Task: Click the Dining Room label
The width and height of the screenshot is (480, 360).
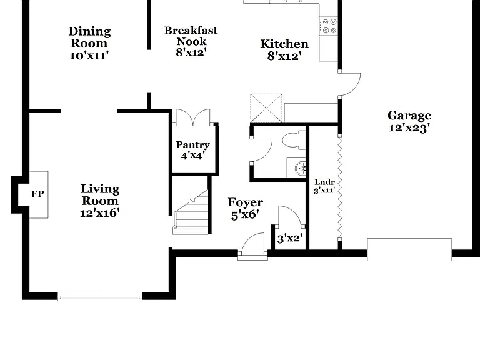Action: coord(89,37)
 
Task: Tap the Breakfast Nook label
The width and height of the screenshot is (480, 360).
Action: coord(191,36)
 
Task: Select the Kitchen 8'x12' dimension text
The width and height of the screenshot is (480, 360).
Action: coord(284,56)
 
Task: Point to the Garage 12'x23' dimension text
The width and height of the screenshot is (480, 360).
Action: coord(409,127)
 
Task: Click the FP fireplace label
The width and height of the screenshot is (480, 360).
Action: coord(37,194)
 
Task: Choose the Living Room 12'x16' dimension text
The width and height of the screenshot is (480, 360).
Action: coord(100,212)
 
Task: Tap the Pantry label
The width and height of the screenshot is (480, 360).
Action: coord(193,144)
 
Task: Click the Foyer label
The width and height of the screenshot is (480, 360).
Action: coord(246,202)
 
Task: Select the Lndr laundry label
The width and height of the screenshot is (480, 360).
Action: coord(324,182)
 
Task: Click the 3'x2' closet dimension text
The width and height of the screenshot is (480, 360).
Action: coord(289,238)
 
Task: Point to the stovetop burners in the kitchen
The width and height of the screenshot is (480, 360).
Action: coord(329,26)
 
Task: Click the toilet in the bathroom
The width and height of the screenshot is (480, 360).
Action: coord(294,141)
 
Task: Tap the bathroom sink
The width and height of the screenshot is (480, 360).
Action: coord(300,167)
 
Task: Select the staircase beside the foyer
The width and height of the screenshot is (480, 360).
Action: coord(191,212)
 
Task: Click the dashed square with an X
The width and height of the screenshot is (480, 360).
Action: coord(266,108)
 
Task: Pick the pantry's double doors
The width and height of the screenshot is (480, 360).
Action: coord(193,117)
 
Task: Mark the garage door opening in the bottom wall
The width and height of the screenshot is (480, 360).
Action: coord(409,249)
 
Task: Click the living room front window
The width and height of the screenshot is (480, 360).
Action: coord(100,297)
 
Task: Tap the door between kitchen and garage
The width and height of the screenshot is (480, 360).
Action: coord(349,84)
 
